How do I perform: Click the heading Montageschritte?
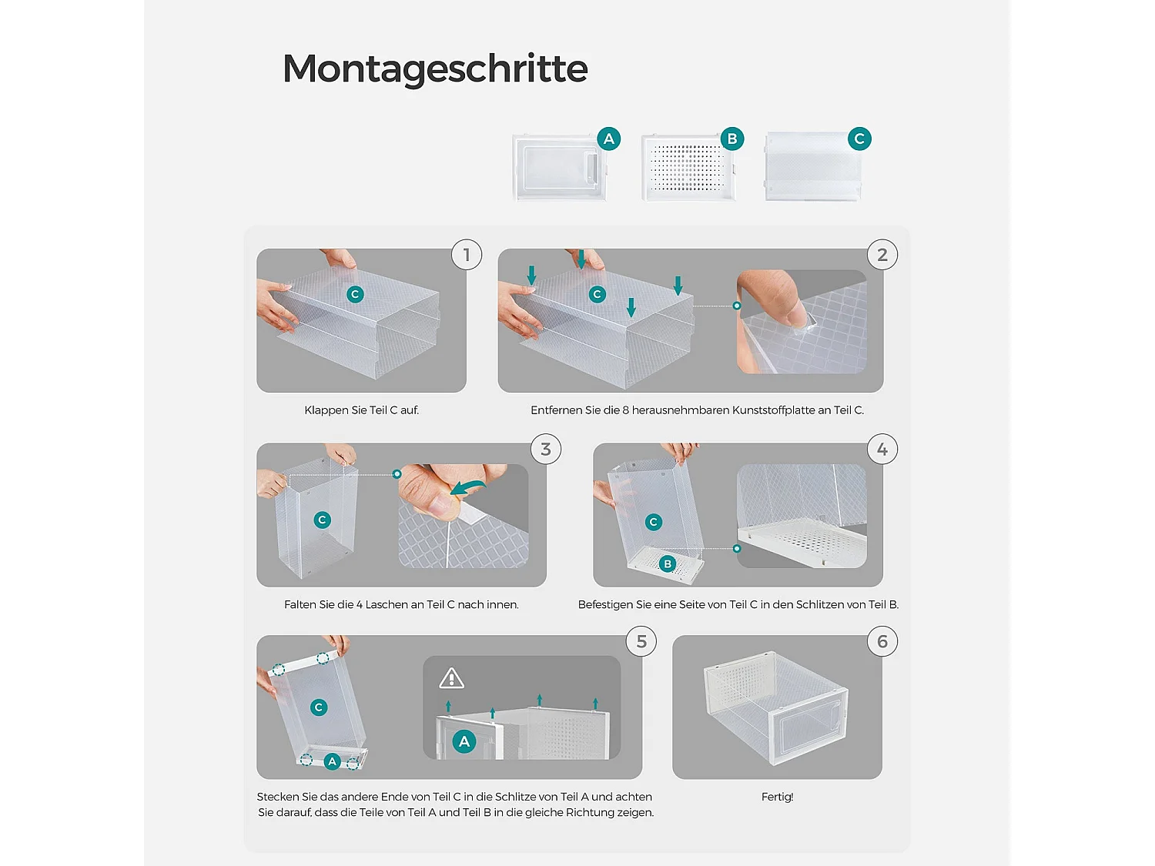434,69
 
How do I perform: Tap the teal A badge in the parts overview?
609,139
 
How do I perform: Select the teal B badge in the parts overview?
732,139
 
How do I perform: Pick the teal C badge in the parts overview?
859,139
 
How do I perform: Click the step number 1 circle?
466,255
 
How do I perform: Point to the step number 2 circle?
882,255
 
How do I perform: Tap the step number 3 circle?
546,449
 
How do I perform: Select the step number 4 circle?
882,449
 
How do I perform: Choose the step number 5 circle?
641,641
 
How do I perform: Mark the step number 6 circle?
882,641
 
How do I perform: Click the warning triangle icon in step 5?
451,678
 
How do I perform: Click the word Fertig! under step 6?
777,797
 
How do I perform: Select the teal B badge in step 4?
668,564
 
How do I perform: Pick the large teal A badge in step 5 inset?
464,741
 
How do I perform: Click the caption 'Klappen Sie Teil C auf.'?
361,410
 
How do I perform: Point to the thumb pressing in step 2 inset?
778,299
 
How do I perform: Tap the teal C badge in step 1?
355,295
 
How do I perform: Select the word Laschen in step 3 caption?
387,605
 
